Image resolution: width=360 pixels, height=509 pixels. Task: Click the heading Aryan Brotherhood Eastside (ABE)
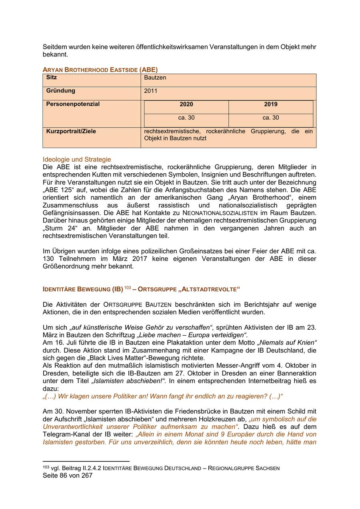tap(100, 70)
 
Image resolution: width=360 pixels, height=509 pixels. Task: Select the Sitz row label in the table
tap(52, 77)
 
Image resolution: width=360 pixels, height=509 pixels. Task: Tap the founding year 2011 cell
tap(151, 91)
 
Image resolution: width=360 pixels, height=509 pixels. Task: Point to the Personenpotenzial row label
tap(73, 104)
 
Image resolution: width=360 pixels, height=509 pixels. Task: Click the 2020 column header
tap(186, 104)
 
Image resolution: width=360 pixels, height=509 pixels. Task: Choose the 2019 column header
tap(270, 104)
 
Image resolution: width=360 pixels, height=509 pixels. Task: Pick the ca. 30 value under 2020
tap(186, 118)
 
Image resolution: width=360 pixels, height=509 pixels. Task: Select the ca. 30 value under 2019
tap(270, 118)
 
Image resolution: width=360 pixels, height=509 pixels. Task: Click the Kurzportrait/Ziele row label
tap(71, 131)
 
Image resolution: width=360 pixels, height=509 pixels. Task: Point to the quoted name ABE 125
tap(60, 190)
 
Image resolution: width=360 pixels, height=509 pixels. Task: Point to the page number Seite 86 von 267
tap(68, 475)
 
